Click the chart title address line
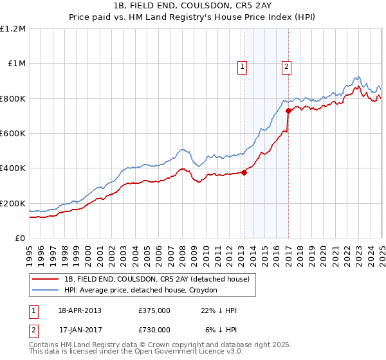tap(194, 7)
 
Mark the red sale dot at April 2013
tap(244, 172)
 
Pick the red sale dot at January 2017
tap(288, 111)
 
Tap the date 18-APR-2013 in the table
tap(79, 310)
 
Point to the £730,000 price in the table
tap(154, 329)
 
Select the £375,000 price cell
tap(154, 310)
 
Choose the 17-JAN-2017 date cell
tap(79, 329)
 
